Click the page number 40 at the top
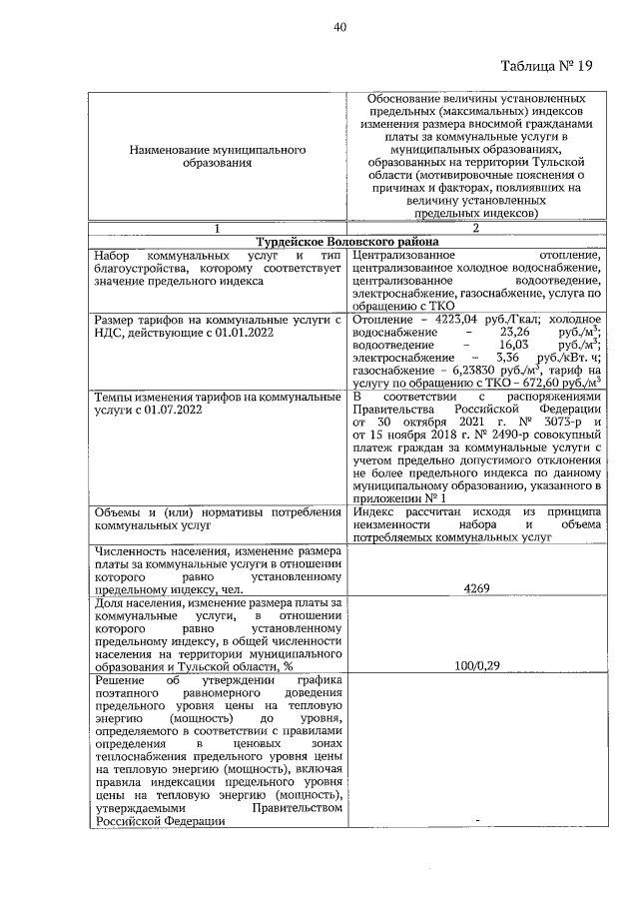coord(339,27)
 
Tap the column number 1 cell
coord(217,228)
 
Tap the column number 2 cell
coord(474,228)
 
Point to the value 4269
coord(475,589)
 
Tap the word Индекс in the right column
coord(374,512)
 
